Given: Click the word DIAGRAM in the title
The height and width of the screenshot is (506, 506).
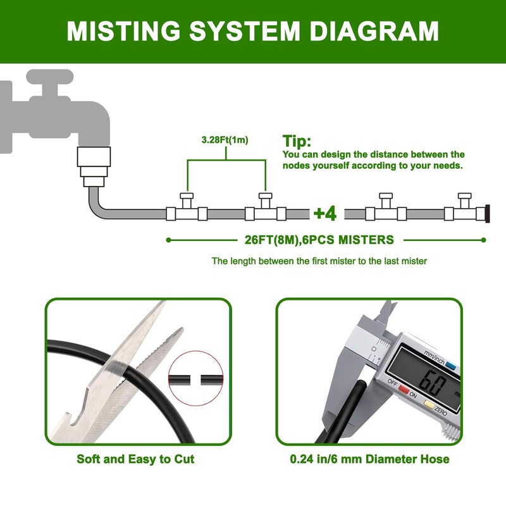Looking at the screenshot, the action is [374, 31].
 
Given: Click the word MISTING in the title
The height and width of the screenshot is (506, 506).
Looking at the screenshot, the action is [123, 31].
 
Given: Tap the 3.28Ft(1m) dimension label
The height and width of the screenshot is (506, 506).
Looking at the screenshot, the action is [225, 140].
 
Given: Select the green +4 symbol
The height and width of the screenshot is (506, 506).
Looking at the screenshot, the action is [325, 213].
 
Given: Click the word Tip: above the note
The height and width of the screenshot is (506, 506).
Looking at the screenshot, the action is [297, 141].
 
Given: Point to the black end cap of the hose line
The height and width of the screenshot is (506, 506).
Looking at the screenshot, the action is [488, 214].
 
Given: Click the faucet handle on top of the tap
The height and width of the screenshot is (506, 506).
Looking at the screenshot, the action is [50, 78].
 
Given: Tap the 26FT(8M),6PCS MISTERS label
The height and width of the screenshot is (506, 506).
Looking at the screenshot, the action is [319, 240].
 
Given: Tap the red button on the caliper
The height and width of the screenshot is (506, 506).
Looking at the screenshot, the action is [404, 388].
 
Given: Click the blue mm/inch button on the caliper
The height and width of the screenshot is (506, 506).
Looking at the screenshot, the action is [450, 366].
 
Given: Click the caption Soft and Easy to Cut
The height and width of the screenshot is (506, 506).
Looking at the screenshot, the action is [135, 459].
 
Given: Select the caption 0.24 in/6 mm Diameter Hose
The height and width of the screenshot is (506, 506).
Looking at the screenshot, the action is [369, 459].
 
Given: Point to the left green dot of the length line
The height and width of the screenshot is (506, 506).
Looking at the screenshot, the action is [168, 240].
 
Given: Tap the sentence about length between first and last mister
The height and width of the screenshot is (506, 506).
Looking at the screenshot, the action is [319, 261].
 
